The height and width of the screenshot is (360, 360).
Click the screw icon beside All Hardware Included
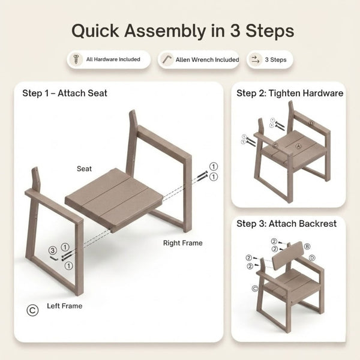pyautogui.click(x=76, y=59)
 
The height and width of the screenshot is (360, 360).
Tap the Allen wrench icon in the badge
pyautogui.click(x=167, y=59)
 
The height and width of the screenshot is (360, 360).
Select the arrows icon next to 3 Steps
pyautogui.click(x=255, y=59)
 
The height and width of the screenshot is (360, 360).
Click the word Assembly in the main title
pyautogui.click(x=164, y=31)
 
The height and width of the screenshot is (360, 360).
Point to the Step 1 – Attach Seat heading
pyautogui.click(x=65, y=93)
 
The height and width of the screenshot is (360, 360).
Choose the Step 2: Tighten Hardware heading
pyautogui.click(x=290, y=93)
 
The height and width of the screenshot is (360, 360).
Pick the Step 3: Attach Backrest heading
pyautogui.click(x=287, y=223)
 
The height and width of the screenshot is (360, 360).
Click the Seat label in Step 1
pyautogui.click(x=84, y=169)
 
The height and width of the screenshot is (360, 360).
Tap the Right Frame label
pyautogui.click(x=183, y=243)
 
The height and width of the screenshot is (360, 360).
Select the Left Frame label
pyautogui.click(x=65, y=306)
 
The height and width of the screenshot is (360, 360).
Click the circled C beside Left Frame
pyautogui.click(x=32, y=310)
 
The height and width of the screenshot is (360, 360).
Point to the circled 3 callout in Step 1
pyautogui.click(x=53, y=250)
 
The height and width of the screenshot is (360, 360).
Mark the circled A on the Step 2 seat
pyautogui.click(x=298, y=146)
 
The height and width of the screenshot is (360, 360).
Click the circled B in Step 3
pyautogui.click(x=307, y=247)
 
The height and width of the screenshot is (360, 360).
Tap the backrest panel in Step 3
pyautogui.click(x=288, y=256)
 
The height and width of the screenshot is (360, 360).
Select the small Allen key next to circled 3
pyautogui.click(x=55, y=258)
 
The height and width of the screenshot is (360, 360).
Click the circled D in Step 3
pyautogui.click(x=312, y=258)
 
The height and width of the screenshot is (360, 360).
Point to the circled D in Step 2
pyautogui.click(x=311, y=123)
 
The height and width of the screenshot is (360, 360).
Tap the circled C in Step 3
pyautogui.click(x=255, y=289)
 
